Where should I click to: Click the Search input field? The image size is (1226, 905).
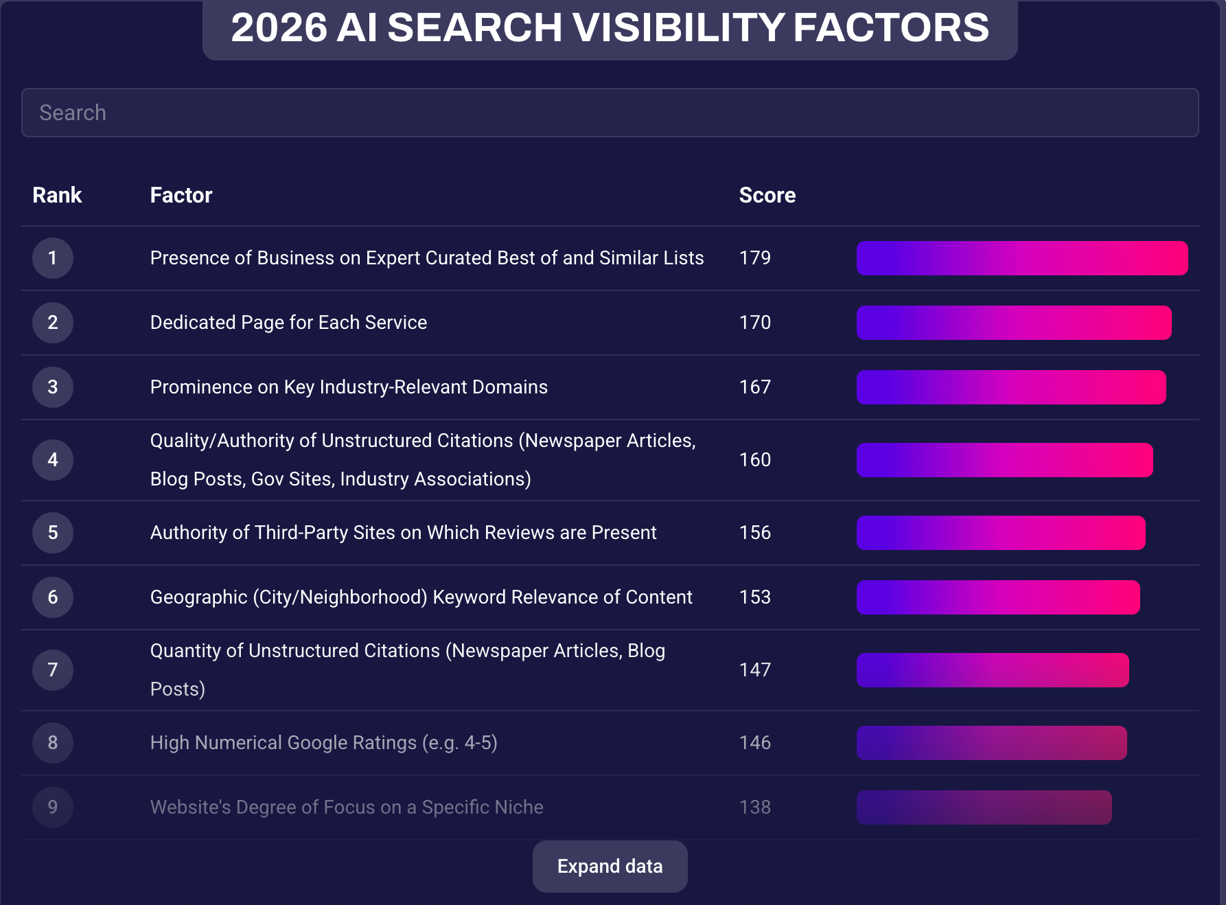610,113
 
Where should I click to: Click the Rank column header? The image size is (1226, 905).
57,195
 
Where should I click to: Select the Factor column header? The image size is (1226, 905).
181,195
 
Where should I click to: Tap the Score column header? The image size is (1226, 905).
767,195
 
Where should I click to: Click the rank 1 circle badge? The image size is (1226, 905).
53,258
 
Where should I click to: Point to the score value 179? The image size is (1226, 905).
754,258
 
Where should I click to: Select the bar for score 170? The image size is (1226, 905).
1013,323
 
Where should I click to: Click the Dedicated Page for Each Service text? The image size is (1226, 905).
288,323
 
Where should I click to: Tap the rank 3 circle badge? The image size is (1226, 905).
53,387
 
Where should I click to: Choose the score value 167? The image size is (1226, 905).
754,387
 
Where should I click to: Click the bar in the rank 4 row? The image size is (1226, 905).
1004,460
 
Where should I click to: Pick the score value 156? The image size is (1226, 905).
754,533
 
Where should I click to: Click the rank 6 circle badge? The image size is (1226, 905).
53,597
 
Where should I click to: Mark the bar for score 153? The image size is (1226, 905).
998,597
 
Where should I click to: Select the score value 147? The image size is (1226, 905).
754,670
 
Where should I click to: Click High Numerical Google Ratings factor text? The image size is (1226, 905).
323,743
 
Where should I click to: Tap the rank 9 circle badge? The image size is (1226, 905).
53,807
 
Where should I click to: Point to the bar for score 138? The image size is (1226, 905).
984,807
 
